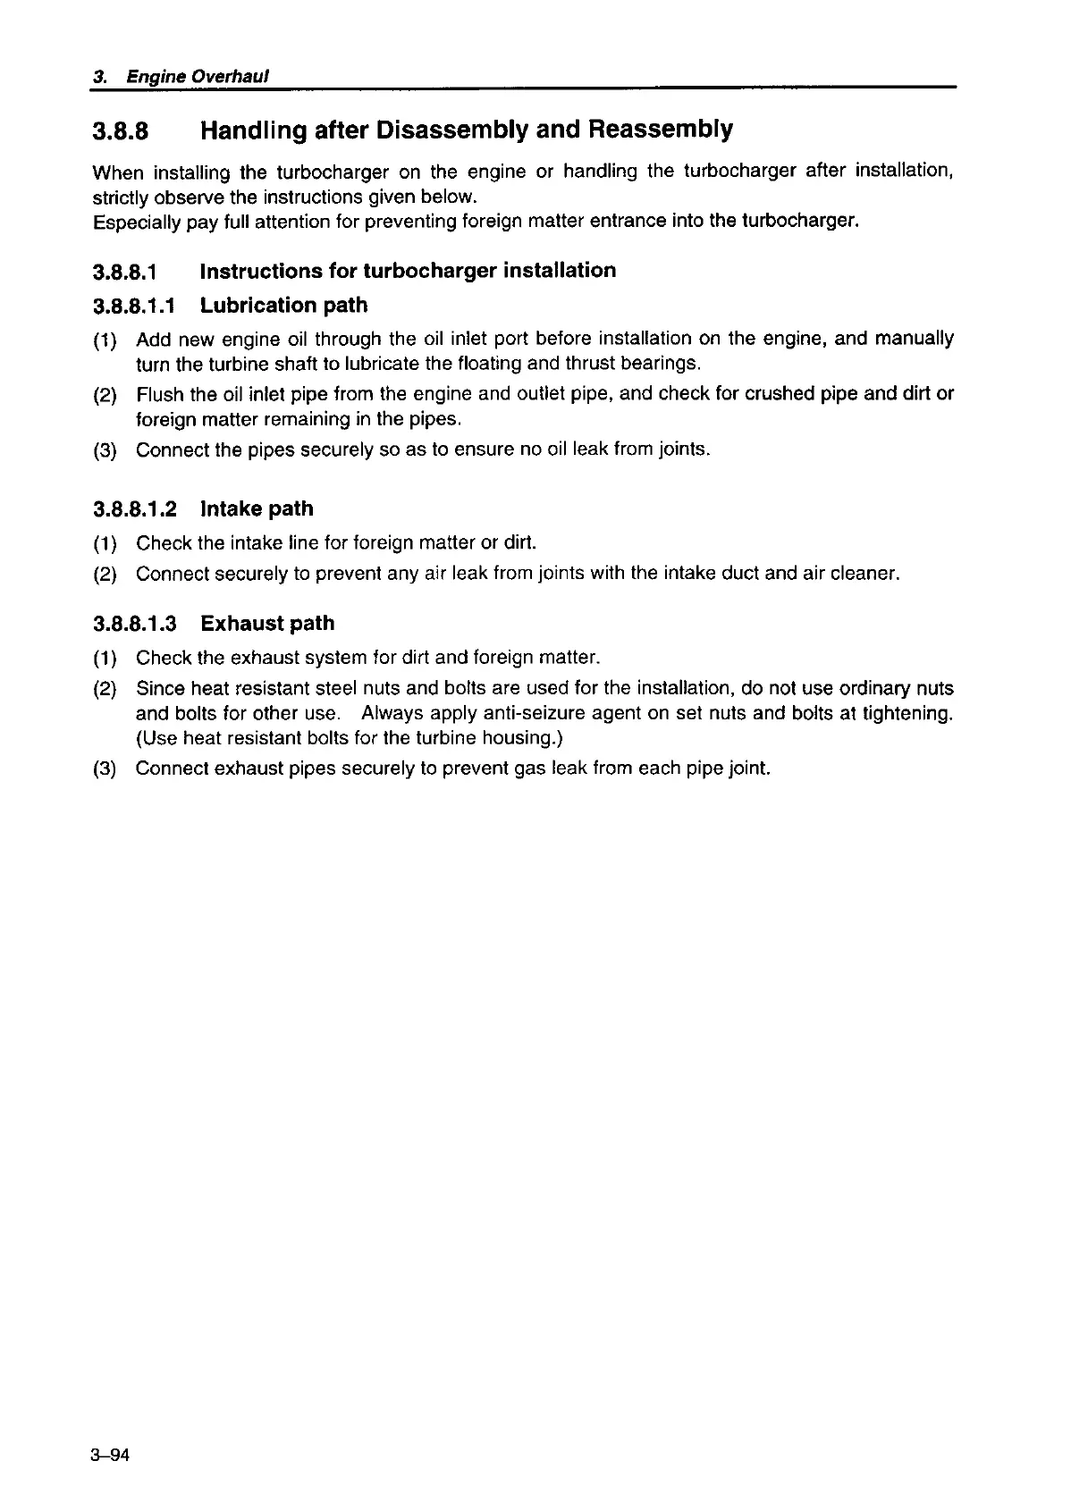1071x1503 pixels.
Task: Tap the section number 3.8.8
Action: tap(120, 131)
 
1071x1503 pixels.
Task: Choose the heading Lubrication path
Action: tap(283, 306)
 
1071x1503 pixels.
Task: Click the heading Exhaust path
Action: tap(267, 624)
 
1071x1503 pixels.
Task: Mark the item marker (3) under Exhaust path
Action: tap(105, 769)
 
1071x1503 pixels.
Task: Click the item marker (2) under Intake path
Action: tap(105, 575)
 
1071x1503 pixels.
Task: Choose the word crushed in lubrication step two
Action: tap(779, 394)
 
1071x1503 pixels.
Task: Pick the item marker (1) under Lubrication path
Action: tap(105, 340)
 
